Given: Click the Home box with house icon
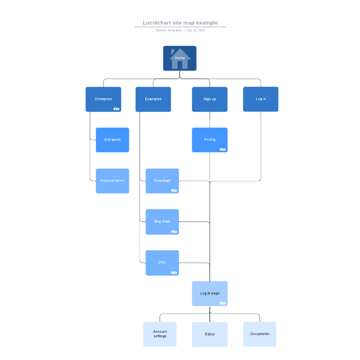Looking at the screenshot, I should pyautogui.click(x=179, y=58).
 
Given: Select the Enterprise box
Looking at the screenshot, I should pyautogui.click(x=103, y=99).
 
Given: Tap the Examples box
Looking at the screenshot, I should pyautogui.click(x=153, y=99).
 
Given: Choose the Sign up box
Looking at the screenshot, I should pyautogui.click(x=210, y=99).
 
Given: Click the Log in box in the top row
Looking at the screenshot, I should pyautogui.click(x=261, y=99).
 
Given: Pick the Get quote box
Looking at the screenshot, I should pyautogui.click(x=112, y=140).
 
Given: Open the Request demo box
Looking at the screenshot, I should pyautogui.click(x=112, y=181).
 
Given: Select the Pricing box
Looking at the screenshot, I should pyautogui.click(x=210, y=140).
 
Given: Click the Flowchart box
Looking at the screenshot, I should pyautogui.click(x=162, y=181).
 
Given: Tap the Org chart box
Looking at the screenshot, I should pyautogui.click(x=162, y=221).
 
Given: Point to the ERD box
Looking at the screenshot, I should pyautogui.click(x=162, y=262).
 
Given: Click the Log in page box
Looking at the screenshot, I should pyautogui.click(x=210, y=294).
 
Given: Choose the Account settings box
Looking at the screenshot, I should pyautogui.click(x=160, y=334).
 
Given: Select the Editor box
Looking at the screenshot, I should pyautogui.click(x=210, y=334).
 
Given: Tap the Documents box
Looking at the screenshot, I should pyautogui.click(x=259, y=334).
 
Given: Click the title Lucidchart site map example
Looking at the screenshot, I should pyautogui.click(x=180, y=23).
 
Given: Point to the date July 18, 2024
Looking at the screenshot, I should pyautogui.click(x=196, y=30).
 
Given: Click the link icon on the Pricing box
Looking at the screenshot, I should pyautogui.click(x=223, y=149).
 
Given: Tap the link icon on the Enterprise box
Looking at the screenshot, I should pyautogui.click(x=116, y=108).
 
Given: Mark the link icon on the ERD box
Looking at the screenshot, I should pyautogui.click(x=174, y=273).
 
